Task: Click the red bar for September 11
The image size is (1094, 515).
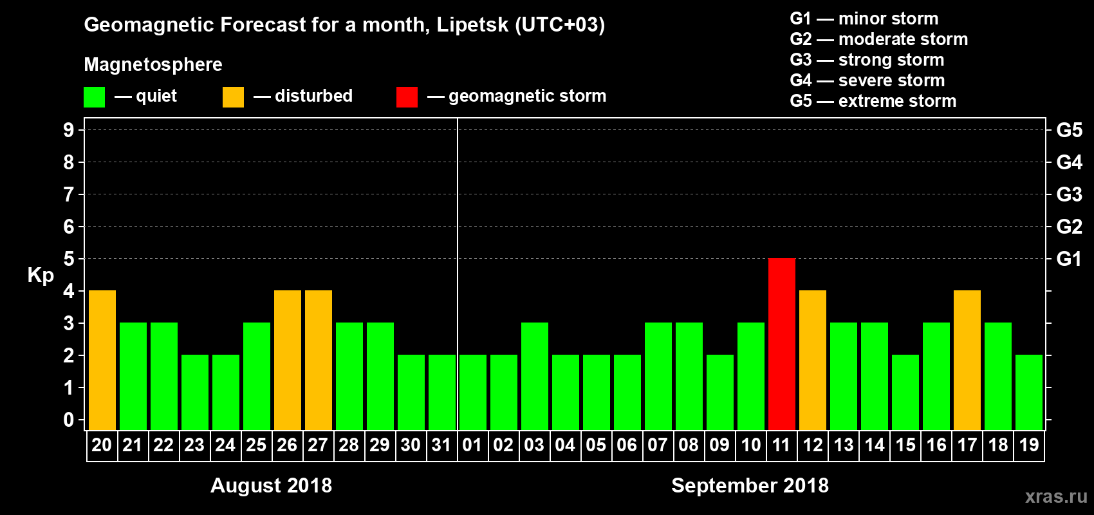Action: [x=781, y=344]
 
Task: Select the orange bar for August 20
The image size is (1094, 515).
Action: [x=102, y=360]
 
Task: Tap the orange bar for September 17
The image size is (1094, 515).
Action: [x=967, y=360]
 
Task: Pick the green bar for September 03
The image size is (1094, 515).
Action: [x=534, y=376]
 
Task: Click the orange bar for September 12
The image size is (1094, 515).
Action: [x=812, y=360]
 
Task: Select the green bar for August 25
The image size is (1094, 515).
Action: [x=257, y=376]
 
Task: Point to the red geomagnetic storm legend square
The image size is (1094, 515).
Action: [x=407, y=97]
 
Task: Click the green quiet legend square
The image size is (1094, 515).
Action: [x=94, y=97]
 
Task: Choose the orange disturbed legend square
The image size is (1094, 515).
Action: [x=233, y=97]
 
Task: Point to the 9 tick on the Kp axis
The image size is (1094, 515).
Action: [x=69, y=130]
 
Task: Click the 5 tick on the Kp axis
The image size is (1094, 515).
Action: [x=69, y=259]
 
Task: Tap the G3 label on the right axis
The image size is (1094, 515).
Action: [x=1069, y=194]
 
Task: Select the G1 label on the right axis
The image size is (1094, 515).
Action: [x=1069, y=259]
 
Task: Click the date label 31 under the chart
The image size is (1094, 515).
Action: [x=441, y=445]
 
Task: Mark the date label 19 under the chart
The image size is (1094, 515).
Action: [x=1029, y=445]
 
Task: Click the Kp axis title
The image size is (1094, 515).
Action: [x=41, y=276]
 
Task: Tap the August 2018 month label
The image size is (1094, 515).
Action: [x=271, y=485]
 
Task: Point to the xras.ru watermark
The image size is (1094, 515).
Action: [x=1056, y=496]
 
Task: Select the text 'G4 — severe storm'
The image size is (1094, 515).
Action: [x=867, y=80]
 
